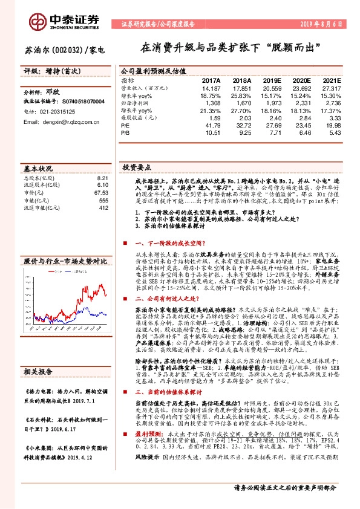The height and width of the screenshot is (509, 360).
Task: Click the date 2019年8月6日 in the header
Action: tap(320, 25)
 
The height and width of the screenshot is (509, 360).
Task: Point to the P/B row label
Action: tap(126, 132)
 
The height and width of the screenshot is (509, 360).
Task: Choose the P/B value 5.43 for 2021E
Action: tap(335, 132)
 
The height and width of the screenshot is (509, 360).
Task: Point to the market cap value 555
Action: tap(103, 200)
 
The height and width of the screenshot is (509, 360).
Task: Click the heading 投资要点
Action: tap(137, 167)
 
